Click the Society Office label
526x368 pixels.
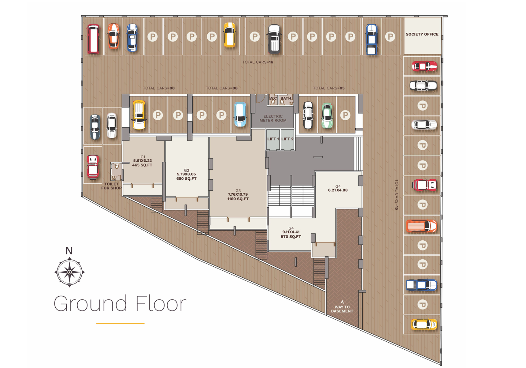point(422,34)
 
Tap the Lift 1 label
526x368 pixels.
point(273,139)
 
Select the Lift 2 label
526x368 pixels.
point(287,139)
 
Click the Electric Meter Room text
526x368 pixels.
point(273,118)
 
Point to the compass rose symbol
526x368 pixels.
point(69,272)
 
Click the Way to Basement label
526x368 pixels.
point(342,309)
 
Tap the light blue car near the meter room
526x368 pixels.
point(240,114)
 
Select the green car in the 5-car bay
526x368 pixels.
point(327,115)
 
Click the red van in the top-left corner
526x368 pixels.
point(93,39)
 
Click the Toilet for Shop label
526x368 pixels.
point(111,186)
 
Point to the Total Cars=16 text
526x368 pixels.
point(258,62)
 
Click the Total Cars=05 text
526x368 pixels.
point(329,88)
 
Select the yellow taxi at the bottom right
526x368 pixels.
point(424,325)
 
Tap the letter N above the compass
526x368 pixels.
point(69,251)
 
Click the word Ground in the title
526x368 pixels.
point(91,304)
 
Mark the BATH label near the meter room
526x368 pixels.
point(286,98)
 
